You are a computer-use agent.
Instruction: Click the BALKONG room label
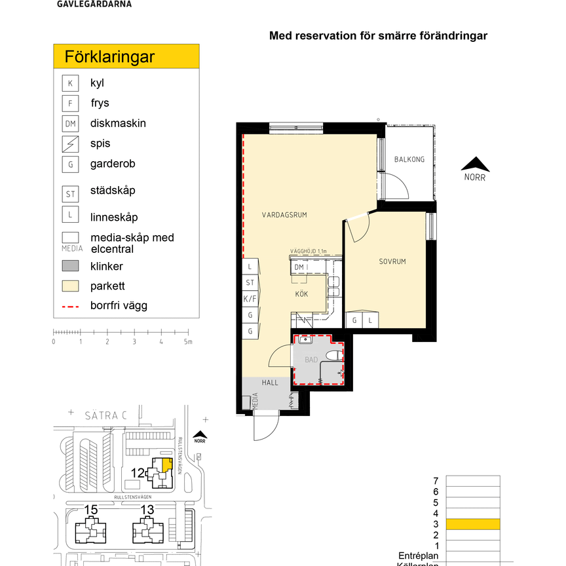tap(409, 159)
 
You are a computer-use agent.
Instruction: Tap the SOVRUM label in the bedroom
tap(392, 261)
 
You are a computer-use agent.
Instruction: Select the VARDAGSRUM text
tap(284, 215)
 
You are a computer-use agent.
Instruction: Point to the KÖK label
tap(301, 294)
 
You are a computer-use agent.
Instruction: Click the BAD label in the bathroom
tap(311, 360)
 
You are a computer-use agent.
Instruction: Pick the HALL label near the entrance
tap(271, 383)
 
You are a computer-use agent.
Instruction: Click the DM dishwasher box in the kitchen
tap(299, 267)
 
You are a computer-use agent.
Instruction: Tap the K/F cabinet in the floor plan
tap(250, 299)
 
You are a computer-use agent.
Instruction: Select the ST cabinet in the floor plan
tap(250, 282)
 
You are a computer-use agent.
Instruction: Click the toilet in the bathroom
tap(335, 356)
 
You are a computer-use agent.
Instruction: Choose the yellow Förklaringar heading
tap(126, 56)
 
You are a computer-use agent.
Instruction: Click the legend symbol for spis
tap(70, 143)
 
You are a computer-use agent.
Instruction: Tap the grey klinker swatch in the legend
tap(70, 267)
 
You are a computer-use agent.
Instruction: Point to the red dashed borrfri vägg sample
tap(70, 306)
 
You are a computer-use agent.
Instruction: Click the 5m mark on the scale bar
tap(187, 341)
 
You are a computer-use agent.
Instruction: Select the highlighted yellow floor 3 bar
tap(472, 524)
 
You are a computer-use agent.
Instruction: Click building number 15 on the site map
tap(91, 509)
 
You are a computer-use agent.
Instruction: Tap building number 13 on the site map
tap(147, 509)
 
